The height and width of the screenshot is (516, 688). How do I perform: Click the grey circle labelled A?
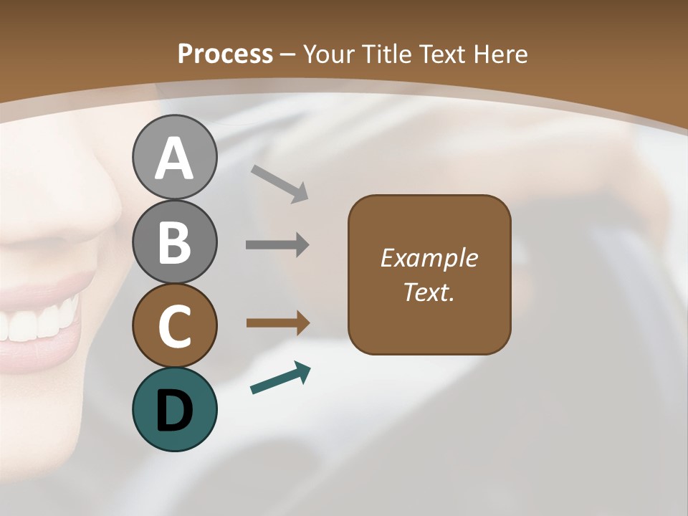click(x=174, y=158)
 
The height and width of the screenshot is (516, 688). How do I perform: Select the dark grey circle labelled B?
click(x=174, y=242)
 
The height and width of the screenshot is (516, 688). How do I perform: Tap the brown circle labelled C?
click(x=174, y=325)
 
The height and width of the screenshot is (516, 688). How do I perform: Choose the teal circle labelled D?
click(x=174, y=409)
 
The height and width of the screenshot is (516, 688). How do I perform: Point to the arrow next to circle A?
click(x=279, y=183)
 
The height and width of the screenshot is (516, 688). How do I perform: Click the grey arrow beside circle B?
click(x=277, y=245)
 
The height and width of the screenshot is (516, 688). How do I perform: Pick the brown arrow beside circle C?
click(x=277, y=323)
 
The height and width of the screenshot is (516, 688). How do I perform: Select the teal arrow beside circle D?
click(x=280, y=378)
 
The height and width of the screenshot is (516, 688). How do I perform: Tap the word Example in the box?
click(x=429, y=258)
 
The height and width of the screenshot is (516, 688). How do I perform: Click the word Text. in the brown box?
click(x=429, y=292)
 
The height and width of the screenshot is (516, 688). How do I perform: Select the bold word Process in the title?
click(x=225, y=54)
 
